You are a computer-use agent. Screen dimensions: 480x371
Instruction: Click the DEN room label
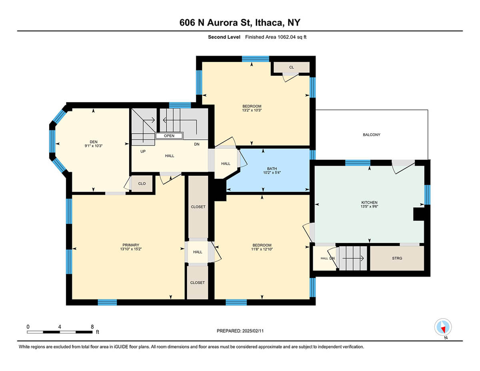coord(94,142)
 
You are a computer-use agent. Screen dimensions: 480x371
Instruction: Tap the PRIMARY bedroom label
coord(131,245)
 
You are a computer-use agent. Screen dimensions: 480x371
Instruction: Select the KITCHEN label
coord(369,203)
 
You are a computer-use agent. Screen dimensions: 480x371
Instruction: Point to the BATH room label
coord(272,168)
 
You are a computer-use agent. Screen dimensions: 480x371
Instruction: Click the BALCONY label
coord(372,134)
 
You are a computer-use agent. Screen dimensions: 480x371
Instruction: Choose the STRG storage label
coord(397,258)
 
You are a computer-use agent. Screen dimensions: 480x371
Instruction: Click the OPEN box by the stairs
coord(169,136)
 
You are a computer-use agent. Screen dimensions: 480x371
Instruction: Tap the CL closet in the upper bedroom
coord(292,67)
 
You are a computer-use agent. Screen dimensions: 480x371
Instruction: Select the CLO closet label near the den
coord(142,183)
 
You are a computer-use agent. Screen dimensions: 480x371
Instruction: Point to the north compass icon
coord(443,327)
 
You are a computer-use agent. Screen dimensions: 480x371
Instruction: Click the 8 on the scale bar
coord(92,327)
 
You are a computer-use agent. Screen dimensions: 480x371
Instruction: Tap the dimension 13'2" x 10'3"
coord(252,110)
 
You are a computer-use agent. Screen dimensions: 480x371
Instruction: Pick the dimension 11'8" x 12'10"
coord(262,249)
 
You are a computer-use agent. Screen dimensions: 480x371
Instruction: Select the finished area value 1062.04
coord(286,37)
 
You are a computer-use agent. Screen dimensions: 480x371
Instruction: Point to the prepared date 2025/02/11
coord(253,331)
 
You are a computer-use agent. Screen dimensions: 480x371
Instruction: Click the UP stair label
coord(143,151)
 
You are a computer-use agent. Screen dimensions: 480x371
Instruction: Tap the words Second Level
coord(224,37)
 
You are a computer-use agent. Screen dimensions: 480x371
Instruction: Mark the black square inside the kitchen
coord(419,214)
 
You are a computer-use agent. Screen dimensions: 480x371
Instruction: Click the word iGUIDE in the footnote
coord(121,347)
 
